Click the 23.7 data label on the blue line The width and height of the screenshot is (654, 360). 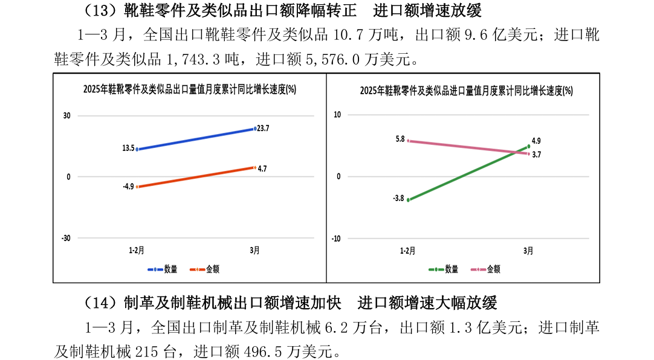[263, 128]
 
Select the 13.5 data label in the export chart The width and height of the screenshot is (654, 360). [128, 148]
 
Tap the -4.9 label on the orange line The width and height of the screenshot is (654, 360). [128, 187]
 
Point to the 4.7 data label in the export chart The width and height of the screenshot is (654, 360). [262, 169]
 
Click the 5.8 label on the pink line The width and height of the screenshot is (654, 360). [400, 139]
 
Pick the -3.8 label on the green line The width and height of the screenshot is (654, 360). [398, 198]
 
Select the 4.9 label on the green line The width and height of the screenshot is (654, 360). [536, 140]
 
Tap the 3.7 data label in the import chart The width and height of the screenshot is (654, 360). [537, 155]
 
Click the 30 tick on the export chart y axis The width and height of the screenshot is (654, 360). [66, 116]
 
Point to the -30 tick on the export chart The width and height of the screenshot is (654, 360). [65, 238]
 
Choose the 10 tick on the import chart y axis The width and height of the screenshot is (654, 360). [337, 115]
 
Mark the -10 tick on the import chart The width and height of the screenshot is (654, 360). [336, 239]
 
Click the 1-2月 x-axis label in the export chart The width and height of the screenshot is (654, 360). [137, 250]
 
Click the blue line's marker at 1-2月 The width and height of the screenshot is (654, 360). [138, 149]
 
